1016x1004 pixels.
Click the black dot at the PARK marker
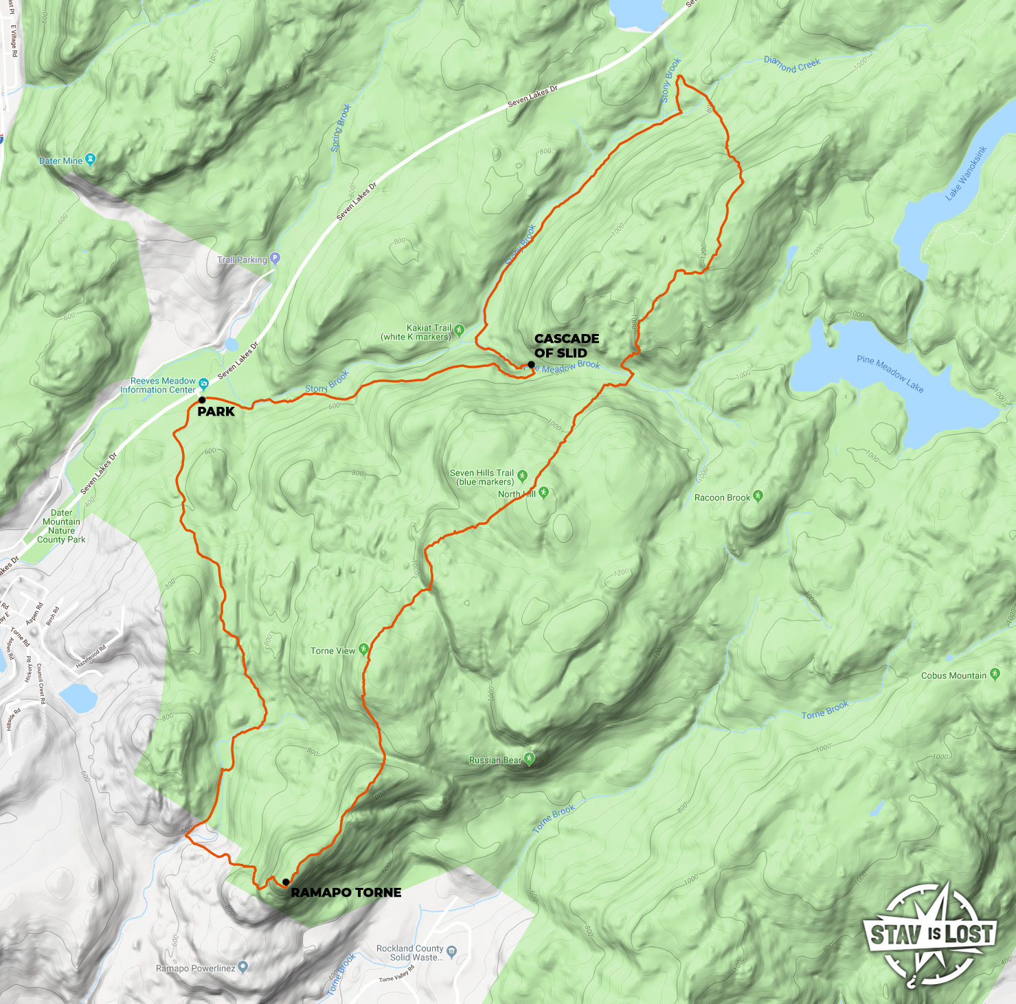202,399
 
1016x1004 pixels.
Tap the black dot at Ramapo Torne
286,882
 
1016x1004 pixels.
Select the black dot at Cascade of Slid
531,364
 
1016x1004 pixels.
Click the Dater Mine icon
91,160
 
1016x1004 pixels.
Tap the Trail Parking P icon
275,259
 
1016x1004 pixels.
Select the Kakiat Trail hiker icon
459,331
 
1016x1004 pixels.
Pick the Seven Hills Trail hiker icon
522,476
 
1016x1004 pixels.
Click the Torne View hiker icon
363,649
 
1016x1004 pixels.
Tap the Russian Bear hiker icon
529,759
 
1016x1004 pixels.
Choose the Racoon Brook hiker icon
758,495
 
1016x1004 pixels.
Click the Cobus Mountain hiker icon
995,674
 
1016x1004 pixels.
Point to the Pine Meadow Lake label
890,374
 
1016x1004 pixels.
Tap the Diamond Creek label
792,65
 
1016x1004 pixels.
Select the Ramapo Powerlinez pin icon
242,968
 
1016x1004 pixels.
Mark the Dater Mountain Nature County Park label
61,526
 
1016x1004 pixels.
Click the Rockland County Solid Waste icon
451,952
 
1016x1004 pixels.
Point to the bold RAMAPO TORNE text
346,893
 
